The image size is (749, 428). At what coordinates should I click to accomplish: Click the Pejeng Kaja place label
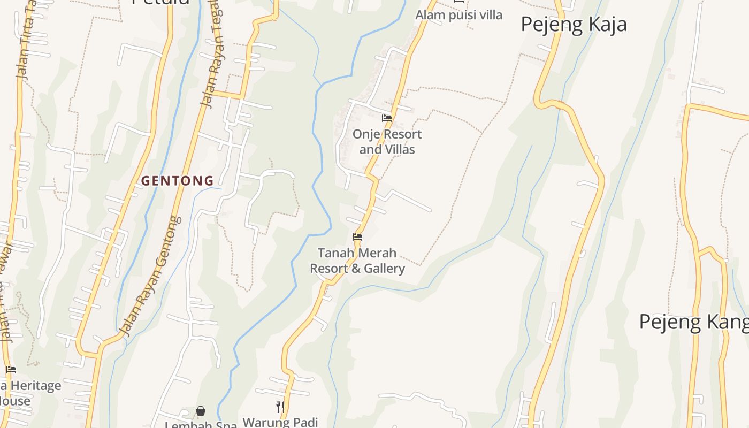point(573,25)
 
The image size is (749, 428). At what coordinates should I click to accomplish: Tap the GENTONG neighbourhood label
point(177,181)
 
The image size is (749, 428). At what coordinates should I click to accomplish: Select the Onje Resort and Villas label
point(387,142)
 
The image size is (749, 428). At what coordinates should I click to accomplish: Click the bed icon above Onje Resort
point(387,118)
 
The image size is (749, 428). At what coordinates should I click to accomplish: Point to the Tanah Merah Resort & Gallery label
point(357,261)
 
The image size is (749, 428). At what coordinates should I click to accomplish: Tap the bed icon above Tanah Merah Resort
point(357,237)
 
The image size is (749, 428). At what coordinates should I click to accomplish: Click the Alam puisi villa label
point(458,15)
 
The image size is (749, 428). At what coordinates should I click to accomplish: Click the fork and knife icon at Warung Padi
point(280,407)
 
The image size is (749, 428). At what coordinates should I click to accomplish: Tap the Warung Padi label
point(280,422)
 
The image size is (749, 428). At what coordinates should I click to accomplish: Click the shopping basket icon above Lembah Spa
point(201,411)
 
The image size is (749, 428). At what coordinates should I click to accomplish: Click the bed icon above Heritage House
point(11,370)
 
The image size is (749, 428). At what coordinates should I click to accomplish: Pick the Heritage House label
point(29,393)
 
